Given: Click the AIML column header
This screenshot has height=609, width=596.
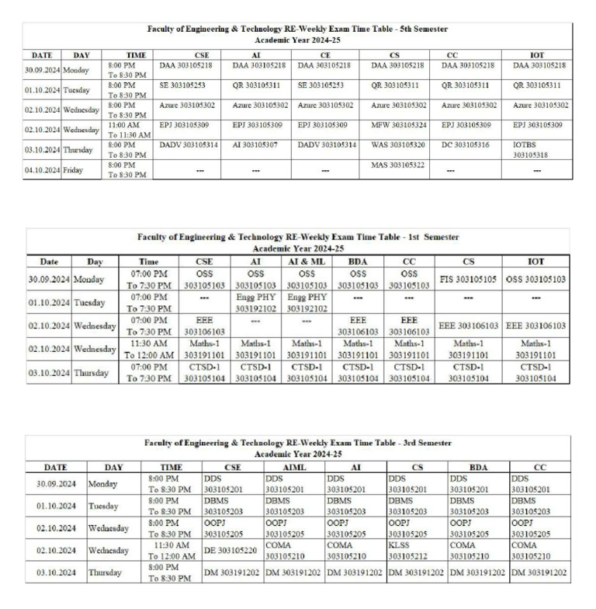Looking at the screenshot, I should pos(293,467).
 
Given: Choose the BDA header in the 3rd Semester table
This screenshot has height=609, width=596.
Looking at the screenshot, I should pos(478,467).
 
